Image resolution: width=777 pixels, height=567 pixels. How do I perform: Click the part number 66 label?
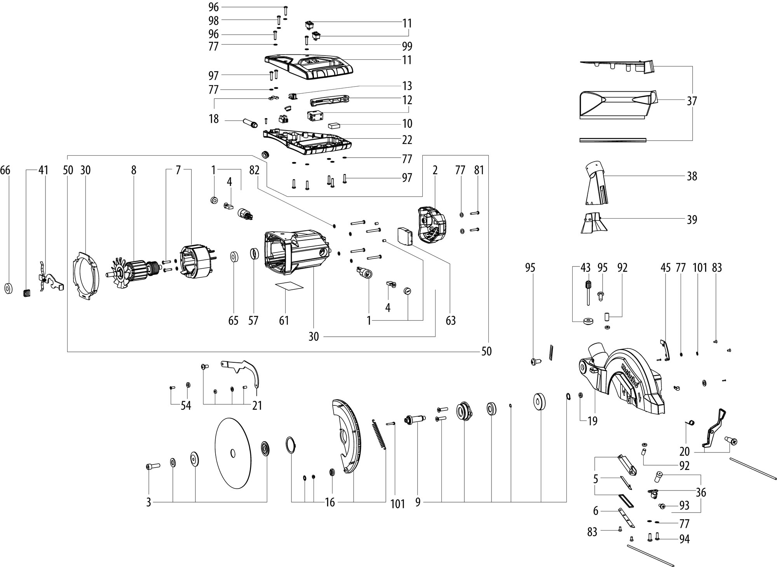pos(5,170)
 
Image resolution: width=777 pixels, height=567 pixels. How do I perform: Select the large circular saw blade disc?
pos(232,454)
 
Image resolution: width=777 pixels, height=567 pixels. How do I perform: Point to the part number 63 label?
pos(451,321)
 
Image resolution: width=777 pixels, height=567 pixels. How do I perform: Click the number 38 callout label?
pos(692,176)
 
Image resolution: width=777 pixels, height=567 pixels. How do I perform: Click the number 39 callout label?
pos(692,220)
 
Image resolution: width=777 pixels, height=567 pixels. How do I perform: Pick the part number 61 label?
pos(284,320)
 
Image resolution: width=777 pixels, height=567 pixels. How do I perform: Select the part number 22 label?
pos(407,139)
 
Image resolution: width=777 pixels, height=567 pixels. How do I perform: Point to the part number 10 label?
pos(407,123)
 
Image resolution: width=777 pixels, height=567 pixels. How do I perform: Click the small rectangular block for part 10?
pos(334,125)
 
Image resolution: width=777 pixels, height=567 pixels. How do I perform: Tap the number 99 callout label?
pos(407,46)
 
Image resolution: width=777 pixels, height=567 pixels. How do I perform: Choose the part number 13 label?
pos(407,85)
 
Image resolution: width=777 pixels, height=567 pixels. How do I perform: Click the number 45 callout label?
pos(666,268)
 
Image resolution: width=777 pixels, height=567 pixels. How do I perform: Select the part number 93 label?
pos(684,506)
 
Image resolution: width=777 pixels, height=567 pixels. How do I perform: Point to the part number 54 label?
pos(186,406)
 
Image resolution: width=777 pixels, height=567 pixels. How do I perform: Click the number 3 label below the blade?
pos(148,503)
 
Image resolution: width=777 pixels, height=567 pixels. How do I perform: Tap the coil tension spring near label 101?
pos(379,435)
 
